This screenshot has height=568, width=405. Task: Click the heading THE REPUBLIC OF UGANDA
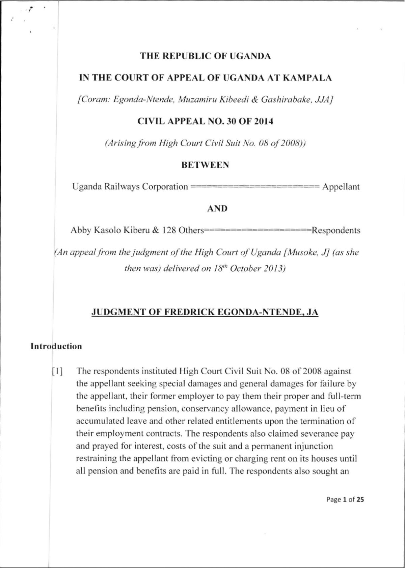click(x=206, y=56)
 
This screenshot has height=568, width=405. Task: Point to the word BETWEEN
click(x=205, y=165)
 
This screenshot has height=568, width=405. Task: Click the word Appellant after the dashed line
click(x=341, y=187)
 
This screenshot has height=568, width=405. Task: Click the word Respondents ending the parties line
click(x=335, y=231)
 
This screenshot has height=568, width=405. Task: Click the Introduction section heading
click(x=56, y=347)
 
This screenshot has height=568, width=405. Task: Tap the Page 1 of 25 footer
click(x=345, y=500)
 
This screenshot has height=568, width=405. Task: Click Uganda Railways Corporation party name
click(x=130, y=187)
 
